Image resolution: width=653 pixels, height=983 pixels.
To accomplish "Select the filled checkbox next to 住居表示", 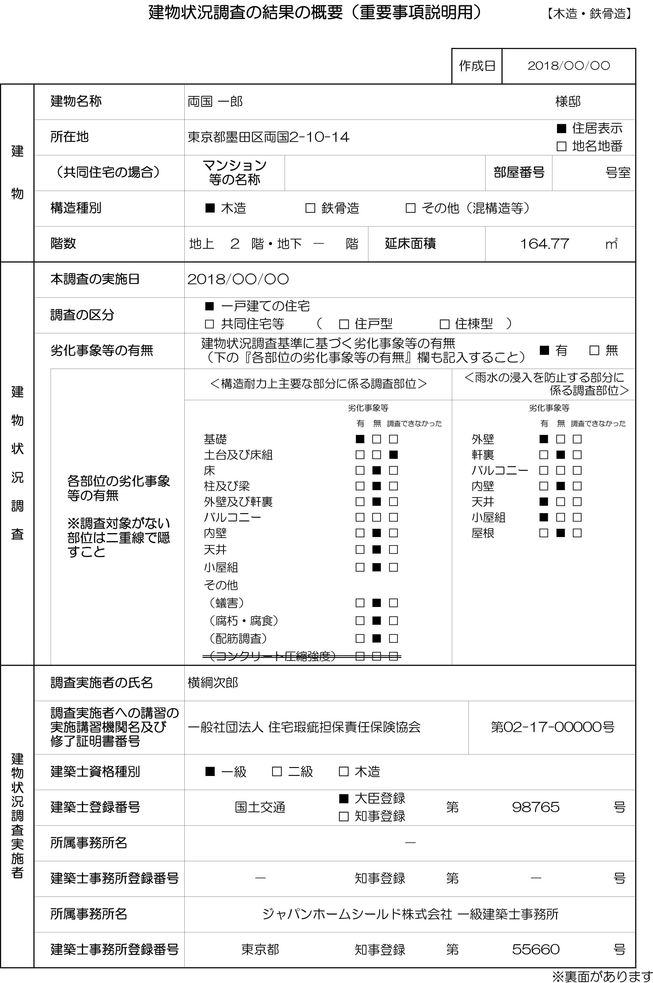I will coord(561,128).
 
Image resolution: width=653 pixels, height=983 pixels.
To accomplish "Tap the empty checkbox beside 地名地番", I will coord(561,146).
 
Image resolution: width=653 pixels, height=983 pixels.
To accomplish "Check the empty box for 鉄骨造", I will coord(310,208).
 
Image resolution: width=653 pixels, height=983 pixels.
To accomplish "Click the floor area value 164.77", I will coord(544,244).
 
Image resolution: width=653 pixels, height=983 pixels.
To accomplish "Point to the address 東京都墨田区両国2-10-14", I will coord(268,137).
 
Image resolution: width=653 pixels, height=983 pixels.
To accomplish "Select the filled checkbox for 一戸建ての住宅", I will coord(209,306).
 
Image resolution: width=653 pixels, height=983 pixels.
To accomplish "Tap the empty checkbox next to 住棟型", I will coord(445,324).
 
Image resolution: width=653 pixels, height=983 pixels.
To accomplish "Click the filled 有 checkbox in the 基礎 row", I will coord(360,439).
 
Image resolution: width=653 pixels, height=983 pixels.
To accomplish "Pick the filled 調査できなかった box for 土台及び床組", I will coord(393,455).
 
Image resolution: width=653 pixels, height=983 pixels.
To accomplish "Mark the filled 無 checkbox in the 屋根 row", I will coord(561,533).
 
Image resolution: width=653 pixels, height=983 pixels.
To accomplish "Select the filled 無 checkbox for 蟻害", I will coord(376,603).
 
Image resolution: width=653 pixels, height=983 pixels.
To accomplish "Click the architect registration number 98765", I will coord(536,807).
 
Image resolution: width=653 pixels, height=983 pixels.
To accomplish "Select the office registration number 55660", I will coord(536,949).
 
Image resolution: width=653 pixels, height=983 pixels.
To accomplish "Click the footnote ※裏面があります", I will coord(602,976).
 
